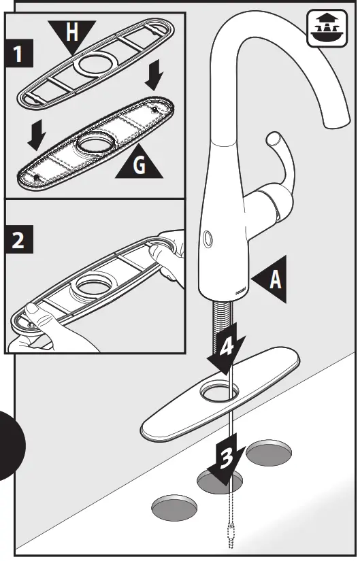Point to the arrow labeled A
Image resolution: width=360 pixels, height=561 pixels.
271,279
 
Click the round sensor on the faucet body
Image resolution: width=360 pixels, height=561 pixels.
207,237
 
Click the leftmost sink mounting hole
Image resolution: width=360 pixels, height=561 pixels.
175,507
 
